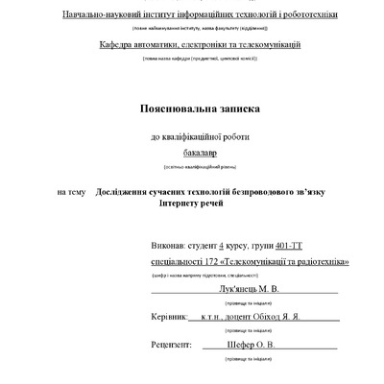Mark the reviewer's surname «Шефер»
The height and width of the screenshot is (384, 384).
(x=242, y=344)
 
